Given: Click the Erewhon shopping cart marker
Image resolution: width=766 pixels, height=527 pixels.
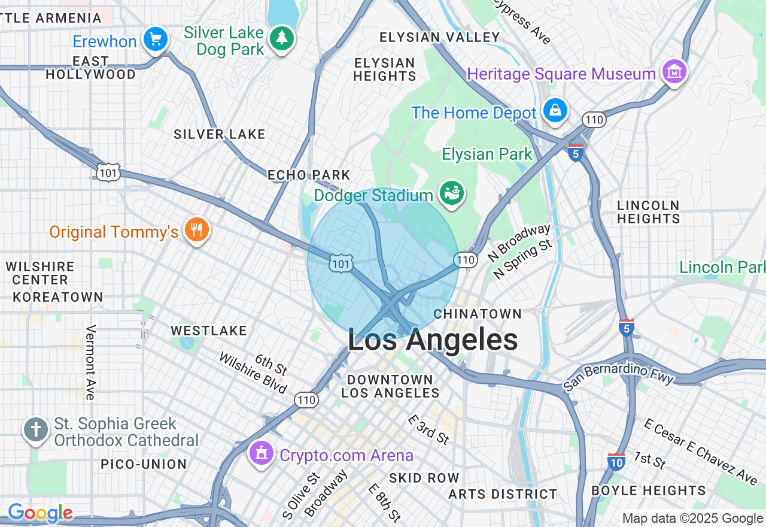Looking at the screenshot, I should [x=156, y=40].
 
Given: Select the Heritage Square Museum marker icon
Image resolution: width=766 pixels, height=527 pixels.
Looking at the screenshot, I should [x=674, y=72].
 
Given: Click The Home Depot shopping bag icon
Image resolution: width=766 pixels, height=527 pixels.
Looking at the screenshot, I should [x=555, y=111].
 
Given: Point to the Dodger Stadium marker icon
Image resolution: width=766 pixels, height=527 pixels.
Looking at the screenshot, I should [x=452, y=193].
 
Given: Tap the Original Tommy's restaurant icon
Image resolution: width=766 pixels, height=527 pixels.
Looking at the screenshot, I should [x=196, y=229].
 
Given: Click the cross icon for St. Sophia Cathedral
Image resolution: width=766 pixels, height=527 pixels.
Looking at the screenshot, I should [x=36, y=429].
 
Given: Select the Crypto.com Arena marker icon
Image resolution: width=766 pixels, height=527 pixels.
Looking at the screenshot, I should [x=262, y=453].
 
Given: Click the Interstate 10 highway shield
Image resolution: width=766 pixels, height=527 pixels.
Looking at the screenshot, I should [x=616, y=461].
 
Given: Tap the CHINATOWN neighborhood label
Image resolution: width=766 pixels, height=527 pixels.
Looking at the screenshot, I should [x=478, y=314].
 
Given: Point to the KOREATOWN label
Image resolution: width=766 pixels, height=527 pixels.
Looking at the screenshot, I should [x=58, y=297].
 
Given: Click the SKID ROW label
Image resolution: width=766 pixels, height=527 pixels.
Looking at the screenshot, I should [x=424, y=478].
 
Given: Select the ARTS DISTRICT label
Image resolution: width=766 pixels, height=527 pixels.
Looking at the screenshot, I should [x=503, y=494].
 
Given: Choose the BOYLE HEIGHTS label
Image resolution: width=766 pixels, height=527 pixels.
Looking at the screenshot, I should [x=649, y=490].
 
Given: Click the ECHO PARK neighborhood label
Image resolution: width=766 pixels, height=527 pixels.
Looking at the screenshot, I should [x=308, y=175].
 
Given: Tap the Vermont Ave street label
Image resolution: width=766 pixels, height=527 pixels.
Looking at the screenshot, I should [x=91, y=362].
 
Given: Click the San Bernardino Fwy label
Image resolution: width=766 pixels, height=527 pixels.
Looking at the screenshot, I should [x=619, y=378].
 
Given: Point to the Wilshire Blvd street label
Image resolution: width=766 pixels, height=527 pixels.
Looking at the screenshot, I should [x=253, y=374].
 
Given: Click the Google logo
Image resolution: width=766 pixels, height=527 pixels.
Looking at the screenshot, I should [x=40, y=513].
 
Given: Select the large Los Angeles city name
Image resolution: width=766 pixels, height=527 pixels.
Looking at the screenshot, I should [x=433, y=340].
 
